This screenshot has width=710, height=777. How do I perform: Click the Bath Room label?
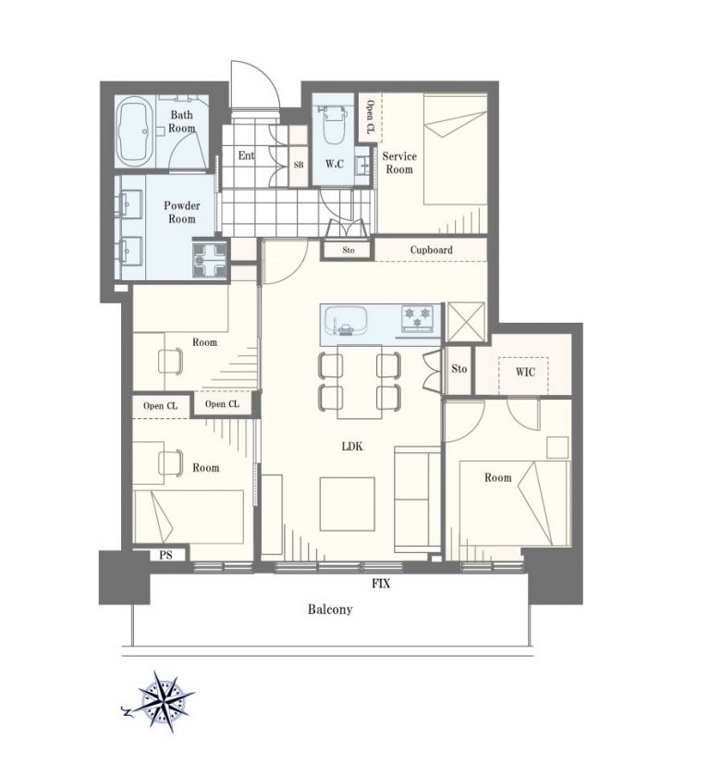pyautogui.click(x=182, y=121)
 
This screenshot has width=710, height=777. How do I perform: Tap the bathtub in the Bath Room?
pyautogui.click(x=134, y=130)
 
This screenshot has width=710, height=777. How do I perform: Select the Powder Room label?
pyautogui.click(x=182, y=212)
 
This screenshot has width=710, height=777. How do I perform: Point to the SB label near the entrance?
pyautogui.click(x=299, y=165)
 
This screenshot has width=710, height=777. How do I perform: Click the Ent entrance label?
pyautogui.click(x=246, y=155)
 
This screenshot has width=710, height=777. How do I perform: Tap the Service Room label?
pyautogui.click(x=399, y=163)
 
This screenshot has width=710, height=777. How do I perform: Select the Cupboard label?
pyautogui.click(x=431, y=250)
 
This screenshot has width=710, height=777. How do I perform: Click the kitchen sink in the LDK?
pyautogui.click(x=346, y=320)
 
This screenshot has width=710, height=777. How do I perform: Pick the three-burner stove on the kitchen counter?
pyautogui.click(x=417, y=318)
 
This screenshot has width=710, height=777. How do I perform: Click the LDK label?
pyautogui.click(x=352, y=446)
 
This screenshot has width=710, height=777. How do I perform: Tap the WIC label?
pyautogui.click(x=525, y=371)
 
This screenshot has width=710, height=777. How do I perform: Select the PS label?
pyautogui.click(x=165, y=555)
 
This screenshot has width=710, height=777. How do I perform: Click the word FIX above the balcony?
pyautogui.click(x=381, y=584)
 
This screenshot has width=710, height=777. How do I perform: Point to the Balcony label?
pyautogui.click(x=330, y=609)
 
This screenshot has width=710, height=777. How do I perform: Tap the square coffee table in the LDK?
pyautogui.click(x=347, y=504)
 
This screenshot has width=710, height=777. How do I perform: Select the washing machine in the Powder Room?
pyautogui.click(x=210, y=260)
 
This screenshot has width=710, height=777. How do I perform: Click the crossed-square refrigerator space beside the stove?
pyautogui.click(x=465, y=322)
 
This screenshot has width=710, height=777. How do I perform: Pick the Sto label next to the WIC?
pyautogui.click(x=459, y=369)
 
